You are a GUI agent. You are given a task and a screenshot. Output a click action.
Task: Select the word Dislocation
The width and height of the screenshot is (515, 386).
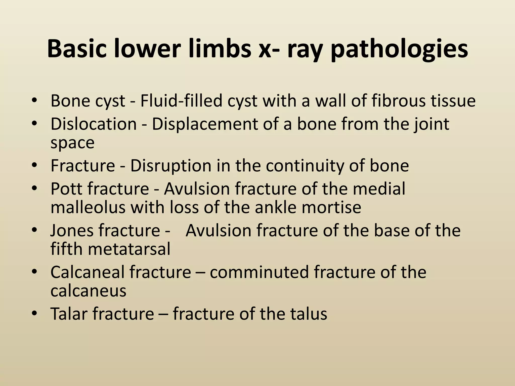pyautogui.click(x=93, y=124)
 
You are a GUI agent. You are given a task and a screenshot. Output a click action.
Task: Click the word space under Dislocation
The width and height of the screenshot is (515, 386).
pyautogui.click(x=72, y=143)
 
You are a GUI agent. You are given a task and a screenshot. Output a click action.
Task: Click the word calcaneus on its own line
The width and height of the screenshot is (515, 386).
pyautogui.click(x=88, y=291)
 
